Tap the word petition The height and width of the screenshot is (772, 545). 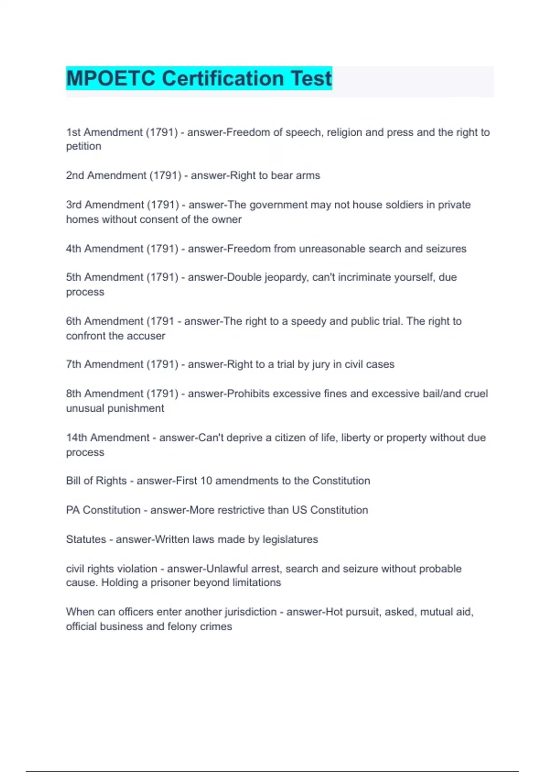point(84,147)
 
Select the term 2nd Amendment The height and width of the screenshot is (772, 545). point(106,176)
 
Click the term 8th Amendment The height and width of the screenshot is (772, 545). point(104,394)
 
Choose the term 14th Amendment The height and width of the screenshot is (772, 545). point(108,438)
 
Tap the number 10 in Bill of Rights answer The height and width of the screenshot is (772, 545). point(206,481)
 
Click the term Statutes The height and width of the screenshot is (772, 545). point(86,539)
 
